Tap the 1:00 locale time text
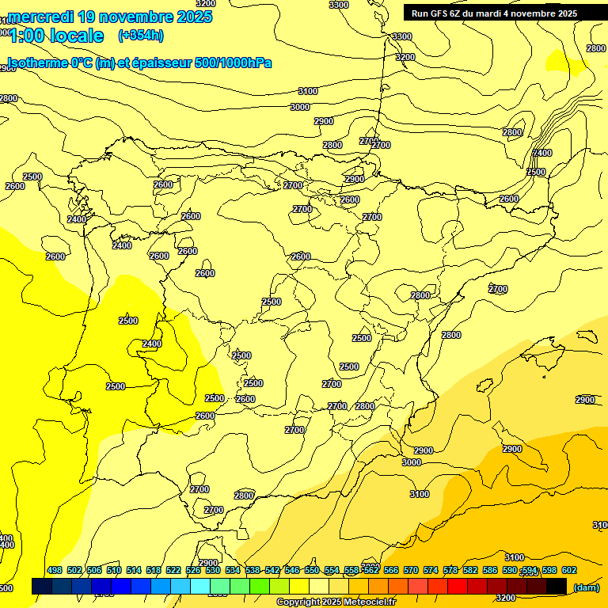click(56, 36)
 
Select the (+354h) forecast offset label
click(140, 36)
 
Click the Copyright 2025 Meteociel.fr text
click(336, 602)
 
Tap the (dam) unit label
click(586, 587)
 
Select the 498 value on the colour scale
click(55, 570)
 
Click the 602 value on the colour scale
click(569, 570)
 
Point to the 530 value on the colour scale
click(213, 570)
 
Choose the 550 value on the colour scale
click(312, 570)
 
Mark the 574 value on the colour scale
click(431, 570)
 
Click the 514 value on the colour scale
click(134, 570)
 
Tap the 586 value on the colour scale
click(490, 570)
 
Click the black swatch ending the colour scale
click(557, 586)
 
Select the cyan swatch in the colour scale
click(200, 586)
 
